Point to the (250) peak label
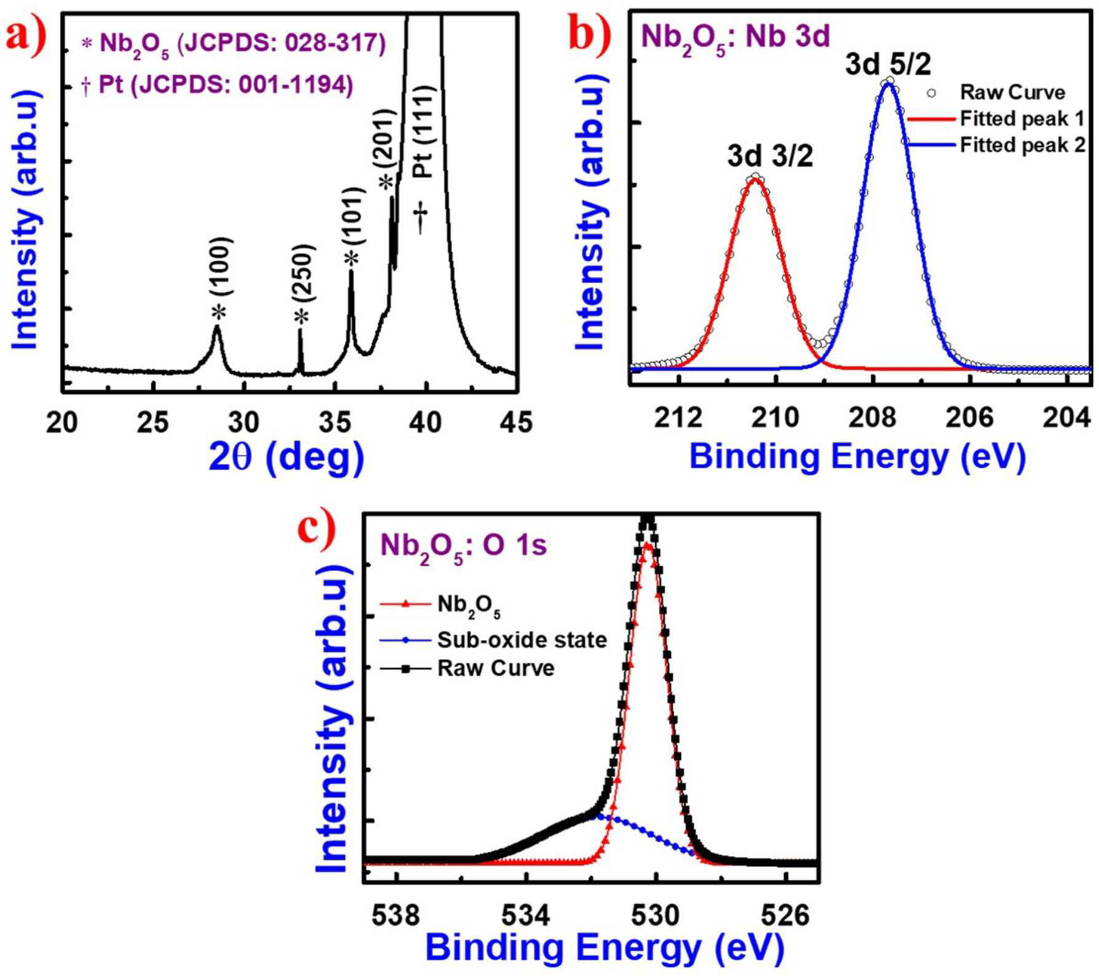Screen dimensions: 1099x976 point(304,273)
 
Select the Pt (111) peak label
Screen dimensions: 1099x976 point(423,132)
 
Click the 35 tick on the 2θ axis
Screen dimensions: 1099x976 point(335,422)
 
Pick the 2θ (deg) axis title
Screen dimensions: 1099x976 point(287,457)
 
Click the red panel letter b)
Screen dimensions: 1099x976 point(590,34)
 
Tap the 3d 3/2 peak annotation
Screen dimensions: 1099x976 point(770,156)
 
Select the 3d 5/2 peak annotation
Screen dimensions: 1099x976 point(888,64)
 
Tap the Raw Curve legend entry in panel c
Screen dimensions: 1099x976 point(467,668)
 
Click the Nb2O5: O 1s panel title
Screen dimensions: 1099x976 point(464,545)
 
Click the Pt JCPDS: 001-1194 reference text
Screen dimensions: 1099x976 point(217,85)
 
